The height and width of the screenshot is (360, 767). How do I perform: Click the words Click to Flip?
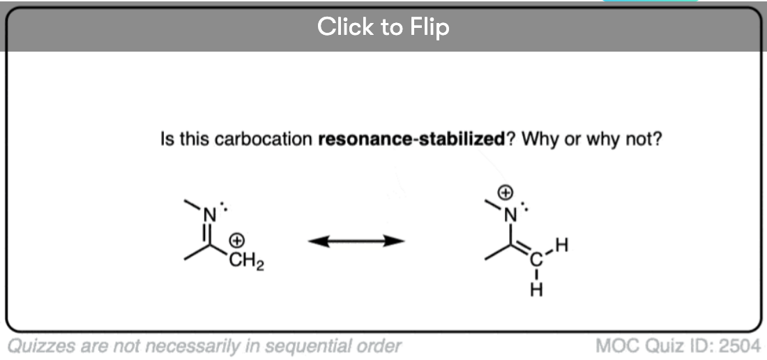383,27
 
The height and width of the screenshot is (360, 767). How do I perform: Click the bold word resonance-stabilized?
411,139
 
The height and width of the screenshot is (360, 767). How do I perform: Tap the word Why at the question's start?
538,139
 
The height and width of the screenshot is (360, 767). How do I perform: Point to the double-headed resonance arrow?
356,241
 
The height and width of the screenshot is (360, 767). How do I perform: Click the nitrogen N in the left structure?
207,217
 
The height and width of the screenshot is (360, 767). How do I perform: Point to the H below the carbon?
536,290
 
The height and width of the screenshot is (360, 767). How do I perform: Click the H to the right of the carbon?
563,245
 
